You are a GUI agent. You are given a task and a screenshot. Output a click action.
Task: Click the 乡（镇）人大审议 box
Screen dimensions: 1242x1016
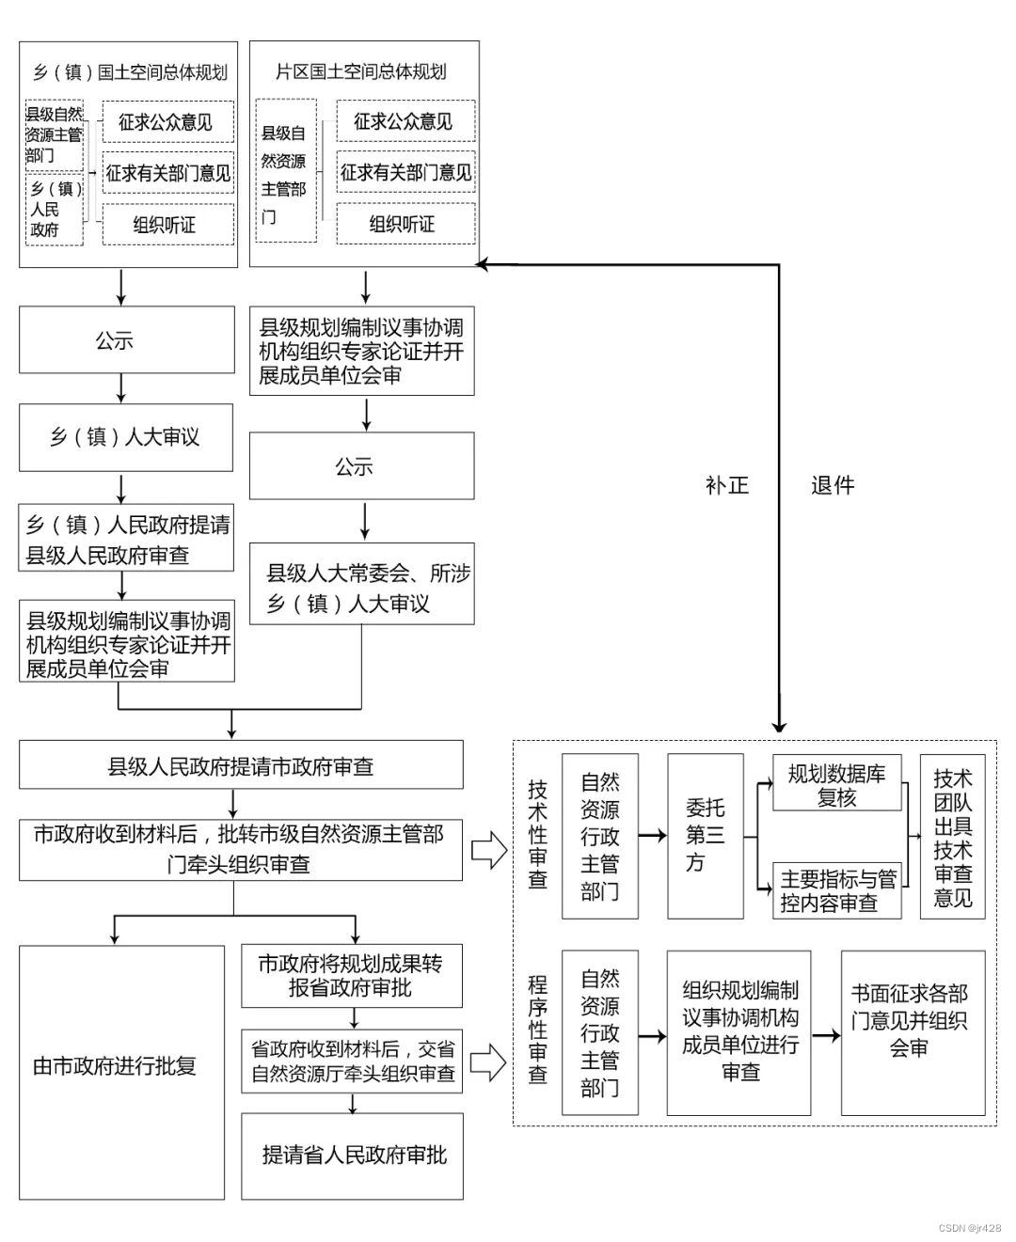pyautogui.click(x=125, y=437)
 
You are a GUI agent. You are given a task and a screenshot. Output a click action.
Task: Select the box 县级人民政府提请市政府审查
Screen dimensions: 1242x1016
pyautogui.click(x=241, y=765)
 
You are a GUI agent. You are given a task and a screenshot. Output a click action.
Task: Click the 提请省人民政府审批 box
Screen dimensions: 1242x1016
pyautogui.click(x=353, y=1156)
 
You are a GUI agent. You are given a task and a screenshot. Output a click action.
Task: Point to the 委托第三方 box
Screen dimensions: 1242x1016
pyautogui.click(x=705, y=836)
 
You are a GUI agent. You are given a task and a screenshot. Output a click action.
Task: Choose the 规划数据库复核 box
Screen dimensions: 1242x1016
pyautogui.click(x=836, y=784)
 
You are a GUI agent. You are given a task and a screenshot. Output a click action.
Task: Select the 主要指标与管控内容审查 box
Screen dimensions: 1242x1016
pyautogui.click(x=837, y=890)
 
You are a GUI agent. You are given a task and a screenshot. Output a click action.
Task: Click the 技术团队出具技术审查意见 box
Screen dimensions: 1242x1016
pyautogui.click(x=952, y=837)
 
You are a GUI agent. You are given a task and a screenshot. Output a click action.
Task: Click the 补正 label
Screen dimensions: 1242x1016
pyautogui.click(x=727, y=485)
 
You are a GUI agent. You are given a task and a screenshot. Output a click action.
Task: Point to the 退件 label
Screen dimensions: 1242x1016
pyautogui.click(x=833, y=485)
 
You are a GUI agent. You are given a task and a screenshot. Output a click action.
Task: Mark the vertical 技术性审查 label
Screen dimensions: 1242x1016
pyautogui.click(x=537, y=835)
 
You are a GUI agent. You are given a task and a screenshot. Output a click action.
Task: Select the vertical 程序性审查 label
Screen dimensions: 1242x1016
pyautogui.click(x=537, y=1030)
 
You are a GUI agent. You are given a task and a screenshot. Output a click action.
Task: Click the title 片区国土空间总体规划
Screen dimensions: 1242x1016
pyautogui.click(x=363, y=71)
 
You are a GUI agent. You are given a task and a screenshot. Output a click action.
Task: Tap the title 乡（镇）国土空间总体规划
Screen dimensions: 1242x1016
pyautogui.click(x=129, y=71)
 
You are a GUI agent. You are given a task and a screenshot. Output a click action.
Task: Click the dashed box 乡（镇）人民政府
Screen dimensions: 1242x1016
pyautogui.click(x=55, y=209)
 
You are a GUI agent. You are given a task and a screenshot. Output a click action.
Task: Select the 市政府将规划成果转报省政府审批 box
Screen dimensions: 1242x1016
pyautogui.click(x=352, y=976)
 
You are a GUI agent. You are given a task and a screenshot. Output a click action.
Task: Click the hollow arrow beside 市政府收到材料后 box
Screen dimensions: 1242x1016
pyautogui.click(x=488, y=851)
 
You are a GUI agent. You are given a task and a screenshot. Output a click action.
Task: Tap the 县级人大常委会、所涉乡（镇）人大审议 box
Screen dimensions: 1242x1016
pyautogui.click(x=361, y=588)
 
